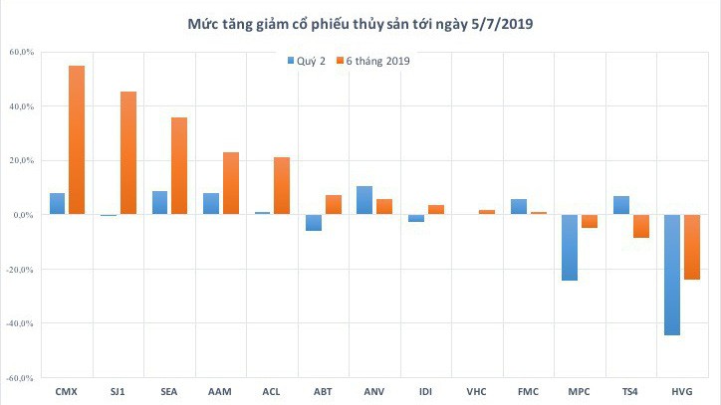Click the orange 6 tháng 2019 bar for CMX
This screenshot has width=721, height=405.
[x=77, y=139]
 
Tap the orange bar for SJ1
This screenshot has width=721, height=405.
[x=128, y=153]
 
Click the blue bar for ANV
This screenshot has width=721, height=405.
[x=364, y=200]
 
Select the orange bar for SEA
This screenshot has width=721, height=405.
[x=179, y=166]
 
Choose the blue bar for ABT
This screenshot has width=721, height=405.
[x=314, y=223]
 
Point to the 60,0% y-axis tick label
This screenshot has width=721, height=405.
[x=22, y=52]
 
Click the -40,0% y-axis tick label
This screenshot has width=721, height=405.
[x=20, y=323]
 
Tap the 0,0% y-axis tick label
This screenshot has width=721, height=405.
[x=24, y=215]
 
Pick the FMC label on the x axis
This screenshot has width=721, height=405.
[x=526, y=390]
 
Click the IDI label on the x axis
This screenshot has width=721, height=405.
[x=424, y=390]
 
